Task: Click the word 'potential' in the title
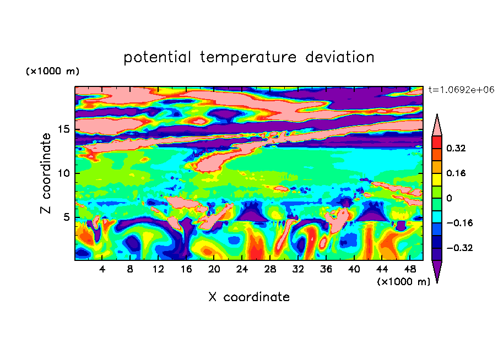[157, 58]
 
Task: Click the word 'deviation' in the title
[339, 57]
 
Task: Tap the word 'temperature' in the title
[248, 58]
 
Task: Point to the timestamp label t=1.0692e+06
[461, 90]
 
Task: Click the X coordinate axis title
[249, 297]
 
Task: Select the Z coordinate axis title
[46, 173]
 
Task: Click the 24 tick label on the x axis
[242, 269]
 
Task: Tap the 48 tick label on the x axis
[410, 269]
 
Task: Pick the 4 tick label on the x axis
[102, 269]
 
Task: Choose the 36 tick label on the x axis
[326, 269]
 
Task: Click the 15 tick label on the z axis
[64, 129]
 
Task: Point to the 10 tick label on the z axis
[64, 173]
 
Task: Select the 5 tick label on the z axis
[66, 217]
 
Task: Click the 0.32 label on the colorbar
[456, 148]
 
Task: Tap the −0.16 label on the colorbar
[459, 223]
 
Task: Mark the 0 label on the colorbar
[449, 198]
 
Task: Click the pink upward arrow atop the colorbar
[437, 126]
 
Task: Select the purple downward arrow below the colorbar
[437, 270]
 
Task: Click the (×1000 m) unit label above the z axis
[52, 71]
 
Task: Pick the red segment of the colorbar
[437, 143]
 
